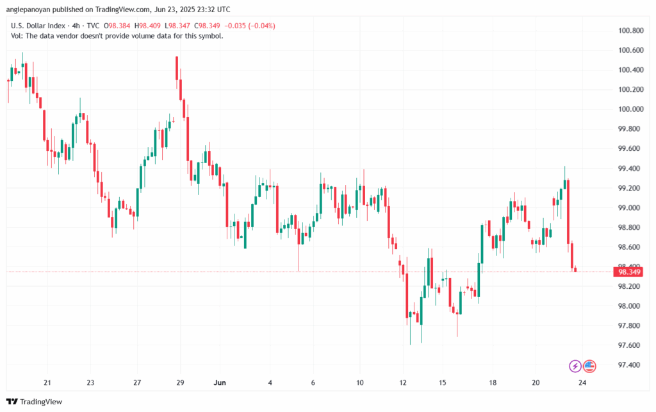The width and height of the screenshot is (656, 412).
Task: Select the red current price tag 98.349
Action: pyautogui.click(x=628, y=272)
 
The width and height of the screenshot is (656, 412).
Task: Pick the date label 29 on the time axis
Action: pyautogui.click(x=180, y=382)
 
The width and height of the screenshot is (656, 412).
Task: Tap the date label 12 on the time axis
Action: pyautogui.click(x=403, y=382)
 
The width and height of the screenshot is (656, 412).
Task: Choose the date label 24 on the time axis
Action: pyautogui.click(x=582, y=382)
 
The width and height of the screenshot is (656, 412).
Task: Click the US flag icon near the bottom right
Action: pyautogui.click(x=589, y=366)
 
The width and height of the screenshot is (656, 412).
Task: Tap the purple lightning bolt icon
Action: pyautogui.click(x=575, y=366)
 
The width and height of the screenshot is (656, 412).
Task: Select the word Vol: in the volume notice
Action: pyautogui.click(x=18, y=36)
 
